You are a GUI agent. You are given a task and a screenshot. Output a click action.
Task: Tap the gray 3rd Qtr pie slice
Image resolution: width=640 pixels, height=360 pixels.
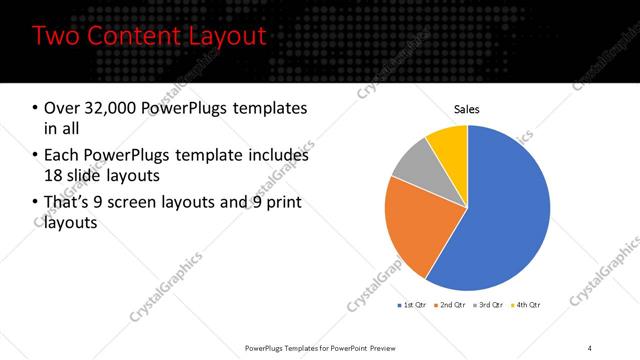coord(412,164)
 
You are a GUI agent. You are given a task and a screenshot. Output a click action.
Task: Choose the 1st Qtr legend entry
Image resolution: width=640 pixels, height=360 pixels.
coord(414,304)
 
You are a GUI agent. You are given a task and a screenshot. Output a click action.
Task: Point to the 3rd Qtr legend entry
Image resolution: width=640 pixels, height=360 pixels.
coord(492,304)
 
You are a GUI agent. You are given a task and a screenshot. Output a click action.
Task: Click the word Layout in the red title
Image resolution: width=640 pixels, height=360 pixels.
coord(217,37)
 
